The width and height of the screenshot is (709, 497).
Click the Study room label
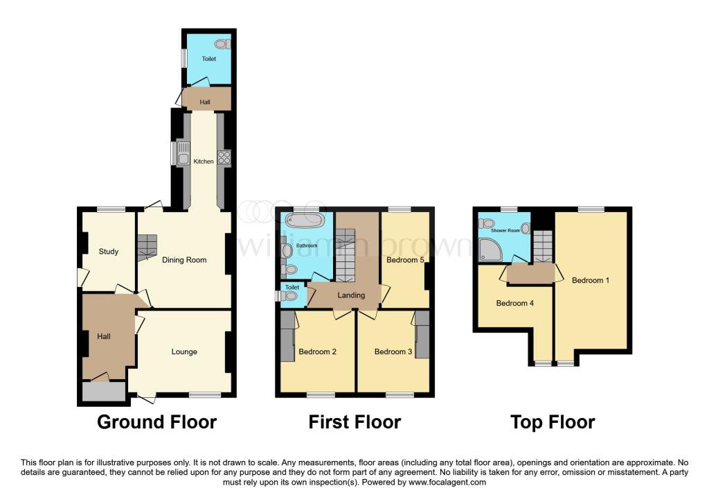[x=109, y=251]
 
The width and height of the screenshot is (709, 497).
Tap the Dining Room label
[x=184, y=260]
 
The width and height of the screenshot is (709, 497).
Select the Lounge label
[x=184, y=351]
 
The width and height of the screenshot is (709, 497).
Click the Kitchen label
[x=204, y=161]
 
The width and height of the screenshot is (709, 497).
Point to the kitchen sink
[x=183, y=154]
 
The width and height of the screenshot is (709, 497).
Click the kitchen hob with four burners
[x=224, y=157]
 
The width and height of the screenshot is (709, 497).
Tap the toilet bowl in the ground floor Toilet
[x=222, y=44]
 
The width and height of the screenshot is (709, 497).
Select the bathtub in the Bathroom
[x=305, y=221]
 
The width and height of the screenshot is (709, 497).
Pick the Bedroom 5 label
[x=405, y=260]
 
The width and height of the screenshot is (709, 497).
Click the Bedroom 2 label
[x=317, y=351]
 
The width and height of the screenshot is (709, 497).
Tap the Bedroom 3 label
[x=393, y=351]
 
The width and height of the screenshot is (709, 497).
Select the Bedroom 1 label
[x=591, y=280]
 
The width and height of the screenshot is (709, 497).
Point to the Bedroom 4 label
[x=515, y=304]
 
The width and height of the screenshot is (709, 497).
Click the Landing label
[x=351, y=295]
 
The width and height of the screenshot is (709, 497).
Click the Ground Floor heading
[x=157, y=422]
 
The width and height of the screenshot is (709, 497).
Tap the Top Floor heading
[x=553, y=422]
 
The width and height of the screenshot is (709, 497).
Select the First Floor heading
[x=354, y=422]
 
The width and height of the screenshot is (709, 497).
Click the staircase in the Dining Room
[x=147, y=247]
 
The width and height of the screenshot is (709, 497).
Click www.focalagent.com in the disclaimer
[x=447, y=482]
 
